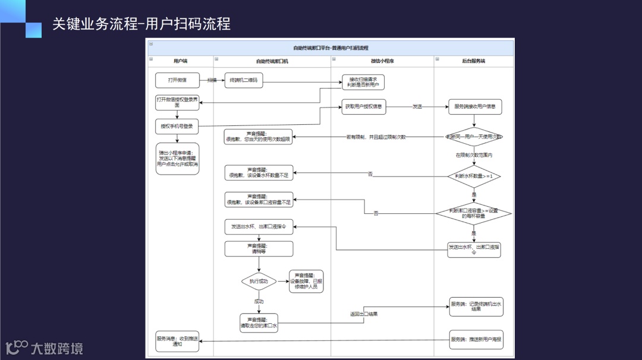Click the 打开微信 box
(x=177, y=80)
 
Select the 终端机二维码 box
(x=243, y=81)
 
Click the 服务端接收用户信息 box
(x=474, y=108)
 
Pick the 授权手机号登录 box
(x=177, y=126)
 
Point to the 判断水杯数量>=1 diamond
(x=474, y=176)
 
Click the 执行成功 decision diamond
(x=259, y=281)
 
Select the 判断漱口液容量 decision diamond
(x=474, y=213)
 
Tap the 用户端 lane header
(x=180, y=61)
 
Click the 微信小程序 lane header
(x=382, y=61)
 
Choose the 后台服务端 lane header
(x=473, y=61)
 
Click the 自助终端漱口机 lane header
(x=272, y=61)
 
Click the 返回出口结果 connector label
(x=364, y=314)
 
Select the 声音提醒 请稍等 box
(x=259, y=248)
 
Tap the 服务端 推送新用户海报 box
(x=476, y=339)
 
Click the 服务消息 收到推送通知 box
(x=177, y=341)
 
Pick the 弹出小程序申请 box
(x=177, y=159)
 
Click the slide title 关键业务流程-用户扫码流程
(x=141, y=24)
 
